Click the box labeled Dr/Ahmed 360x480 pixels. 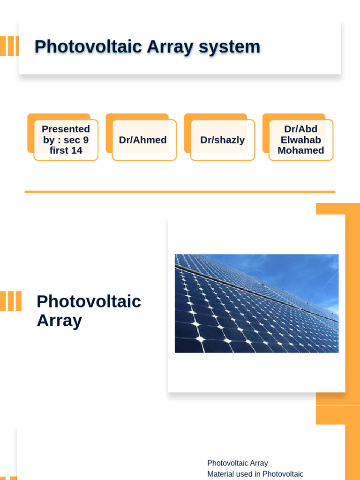tap(143, 140)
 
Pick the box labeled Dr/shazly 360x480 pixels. tap(222, 140)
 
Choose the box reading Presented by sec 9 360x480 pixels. tap(66, 140)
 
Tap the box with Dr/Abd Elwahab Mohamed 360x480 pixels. tap(301, 140)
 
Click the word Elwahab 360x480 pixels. tap(301, 140)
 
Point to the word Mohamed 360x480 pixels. tap(301, 150)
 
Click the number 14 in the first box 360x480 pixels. tap(77, 150)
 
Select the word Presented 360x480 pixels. tap(66, 129)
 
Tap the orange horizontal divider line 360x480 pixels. tap(180, 192)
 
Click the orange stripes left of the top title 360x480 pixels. tap(9, 46)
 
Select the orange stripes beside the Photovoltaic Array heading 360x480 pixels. tap(10, 301)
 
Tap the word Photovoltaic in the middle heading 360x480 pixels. tap(89, 301)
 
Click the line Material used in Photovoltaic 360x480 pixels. tap(255, 474)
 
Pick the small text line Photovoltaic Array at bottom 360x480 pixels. tap(238, 463)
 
